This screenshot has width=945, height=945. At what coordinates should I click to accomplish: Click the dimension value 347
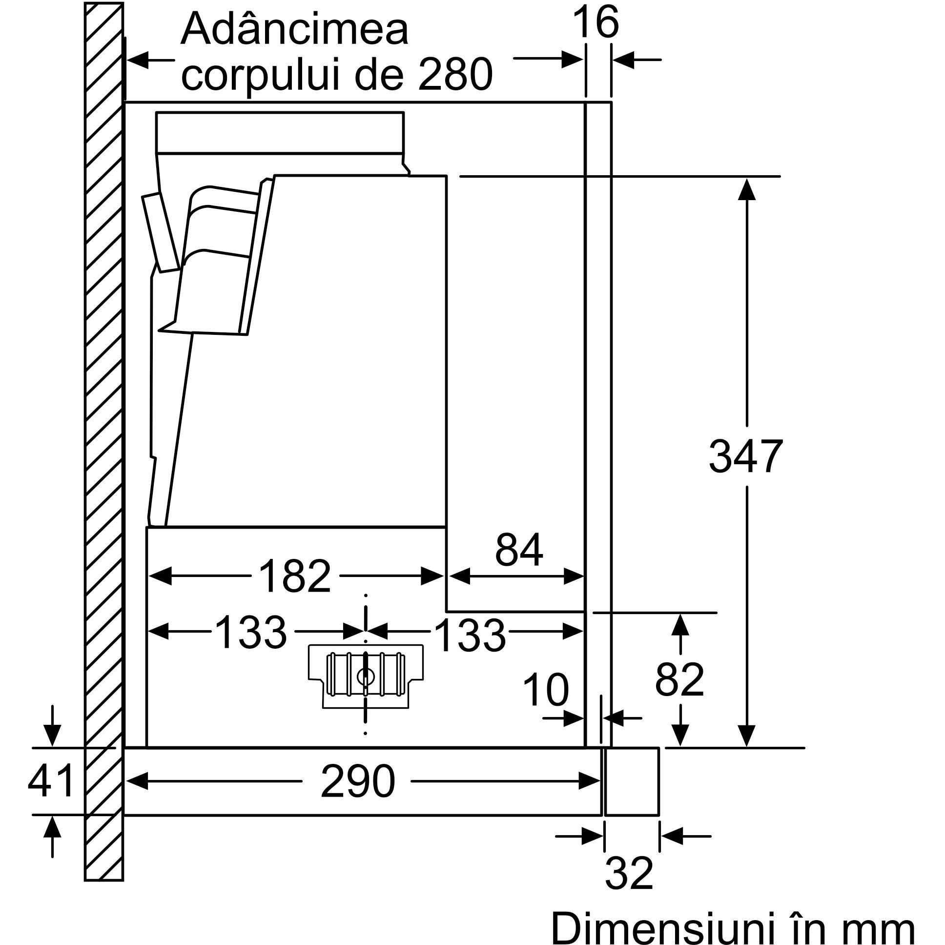coord(745,456)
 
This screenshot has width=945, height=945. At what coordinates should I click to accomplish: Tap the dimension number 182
coord(294,576)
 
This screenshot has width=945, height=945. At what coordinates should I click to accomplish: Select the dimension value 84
coord(518,550)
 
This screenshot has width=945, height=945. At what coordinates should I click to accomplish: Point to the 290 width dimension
coord(358,781)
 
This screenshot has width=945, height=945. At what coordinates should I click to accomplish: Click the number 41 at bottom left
coord(51,781)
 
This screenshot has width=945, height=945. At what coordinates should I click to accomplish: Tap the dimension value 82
coord(679,679)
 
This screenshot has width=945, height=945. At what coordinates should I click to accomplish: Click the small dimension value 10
coord(546,690)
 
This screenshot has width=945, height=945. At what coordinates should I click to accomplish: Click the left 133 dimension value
coord(250,633)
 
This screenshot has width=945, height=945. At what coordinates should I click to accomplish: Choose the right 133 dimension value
coord(470,635)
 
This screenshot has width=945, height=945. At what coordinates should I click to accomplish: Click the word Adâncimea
coord(294,29)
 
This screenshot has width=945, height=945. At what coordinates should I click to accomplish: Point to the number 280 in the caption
coord(455,74)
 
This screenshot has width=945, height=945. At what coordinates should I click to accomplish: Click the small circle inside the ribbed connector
coord(365,677)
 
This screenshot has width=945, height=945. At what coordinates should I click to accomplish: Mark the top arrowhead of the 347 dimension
coord(746,189)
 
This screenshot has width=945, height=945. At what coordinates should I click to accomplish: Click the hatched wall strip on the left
coord(103,440)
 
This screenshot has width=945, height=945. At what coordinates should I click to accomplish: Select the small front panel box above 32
coord(632,781)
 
